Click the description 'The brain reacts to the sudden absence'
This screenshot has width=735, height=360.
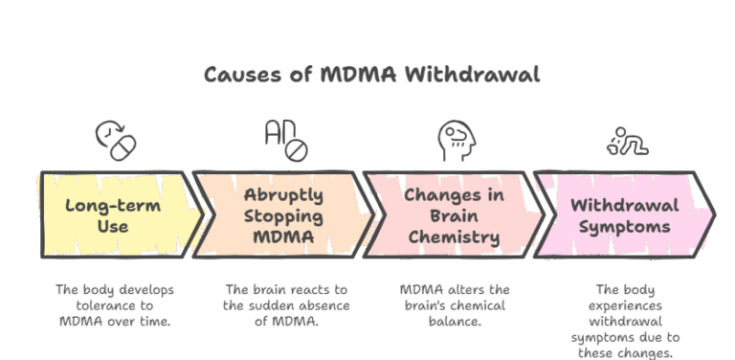click(x=286, y=304)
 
